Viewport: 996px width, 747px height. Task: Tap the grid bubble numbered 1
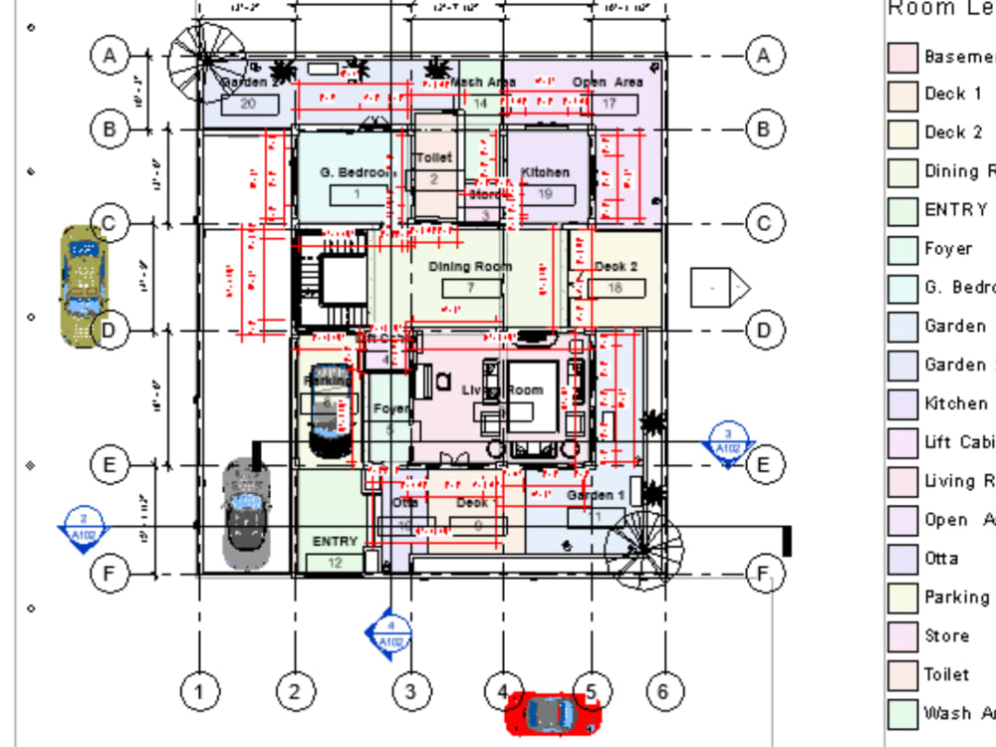pyautogui.click(x=201, y=690)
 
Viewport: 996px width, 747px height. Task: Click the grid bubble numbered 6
pyautogui.click(x=664, y=690)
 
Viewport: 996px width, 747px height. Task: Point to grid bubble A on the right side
pyautogui.click(x=764, y=56)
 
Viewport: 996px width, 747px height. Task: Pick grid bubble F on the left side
pyautogui.click(x=110, y=574)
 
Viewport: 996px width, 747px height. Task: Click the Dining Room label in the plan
pyautogui.click(x=470, y=267)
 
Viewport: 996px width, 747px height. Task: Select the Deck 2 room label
pyautogui.click(x=616, y=267)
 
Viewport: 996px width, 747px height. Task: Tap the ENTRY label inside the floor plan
pyautogui.click(x=335, y=541)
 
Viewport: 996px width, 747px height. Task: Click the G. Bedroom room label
pyautogui.click(x=356, y=172)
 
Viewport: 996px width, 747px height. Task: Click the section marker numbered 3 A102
pyautogui.click(x=728, y=441)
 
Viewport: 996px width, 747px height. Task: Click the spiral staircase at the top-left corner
pyautogui.click(x=199, y=59)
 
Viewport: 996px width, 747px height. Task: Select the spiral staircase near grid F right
pyautogui.click(x=644, y=549)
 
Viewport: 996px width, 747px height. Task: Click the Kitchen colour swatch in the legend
pyautogui.click(x=902, y=403)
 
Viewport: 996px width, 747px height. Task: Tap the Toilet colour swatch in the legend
pyautogui.click(x=902, y=674)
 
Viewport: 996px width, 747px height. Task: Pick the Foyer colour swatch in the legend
pyautogui.click(x=902, y=249)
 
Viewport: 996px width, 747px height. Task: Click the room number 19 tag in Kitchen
pyautogui.click(x=544, y=194)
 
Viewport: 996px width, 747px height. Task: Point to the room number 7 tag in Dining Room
pyautogui.click(x=470, y=288)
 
